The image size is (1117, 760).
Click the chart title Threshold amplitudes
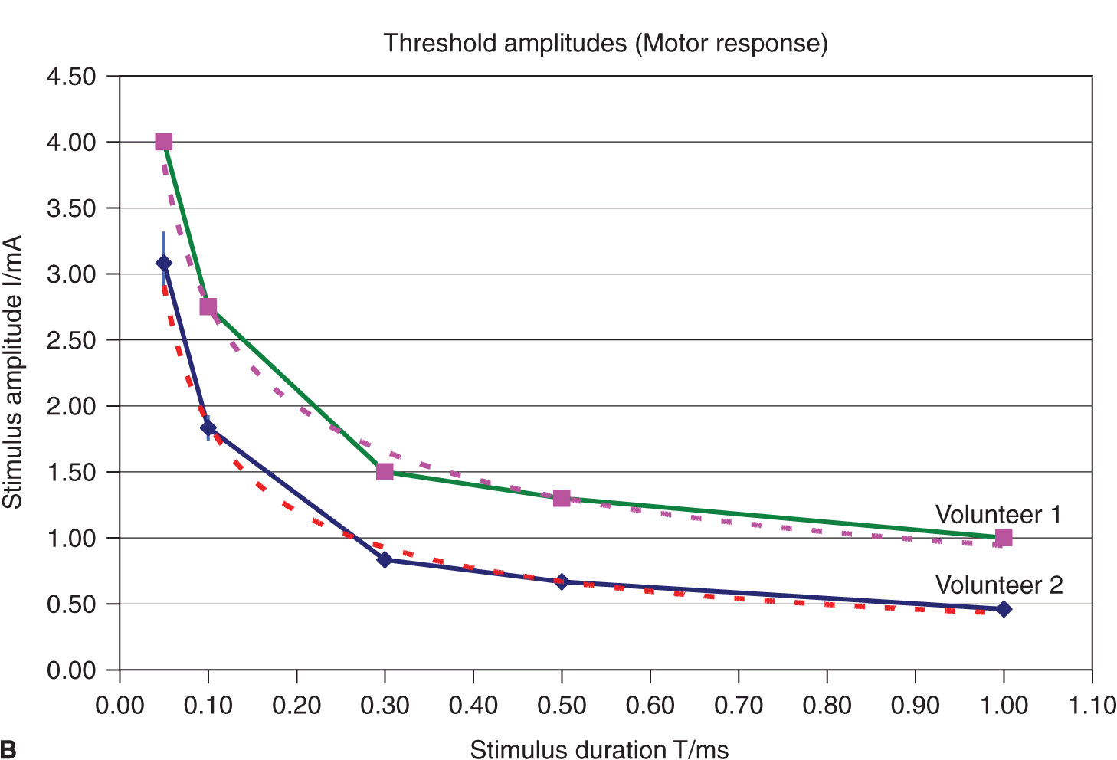[605, 43]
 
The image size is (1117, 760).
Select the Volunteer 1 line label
[998, 515]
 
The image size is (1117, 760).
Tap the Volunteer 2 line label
[999, 585]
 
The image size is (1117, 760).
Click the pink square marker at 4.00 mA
[163, 142]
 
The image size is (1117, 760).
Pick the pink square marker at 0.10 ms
[208, 306]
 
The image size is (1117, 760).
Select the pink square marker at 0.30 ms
[385, 472]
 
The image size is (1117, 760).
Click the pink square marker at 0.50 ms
[562, 498]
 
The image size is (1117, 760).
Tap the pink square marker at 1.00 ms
[1004, 538]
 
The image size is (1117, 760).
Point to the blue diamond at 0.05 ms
[163, 263]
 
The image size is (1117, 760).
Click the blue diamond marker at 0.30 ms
[385, 560]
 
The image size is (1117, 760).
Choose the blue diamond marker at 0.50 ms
[562, 581]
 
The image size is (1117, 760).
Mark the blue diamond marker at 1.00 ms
[1004, 609]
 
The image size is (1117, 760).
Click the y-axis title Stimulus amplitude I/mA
[13, 372]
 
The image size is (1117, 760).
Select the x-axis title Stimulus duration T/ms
[599, 749]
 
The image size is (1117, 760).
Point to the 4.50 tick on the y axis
[71, 77]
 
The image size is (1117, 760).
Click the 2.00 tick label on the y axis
[71, 406]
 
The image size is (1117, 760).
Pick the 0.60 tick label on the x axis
[650, 705]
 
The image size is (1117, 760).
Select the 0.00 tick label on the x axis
[120, 705]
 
